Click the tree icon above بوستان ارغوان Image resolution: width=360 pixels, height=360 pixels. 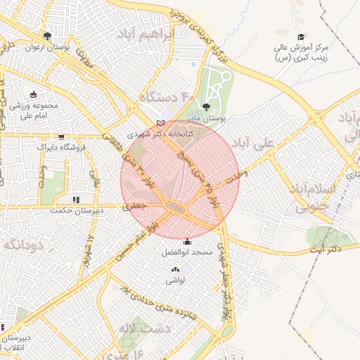(47, 36)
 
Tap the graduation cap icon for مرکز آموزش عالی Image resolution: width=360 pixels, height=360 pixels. (301, 37)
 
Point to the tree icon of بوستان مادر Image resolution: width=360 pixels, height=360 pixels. (206, 107)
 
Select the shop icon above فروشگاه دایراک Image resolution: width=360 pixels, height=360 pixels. (63, 137)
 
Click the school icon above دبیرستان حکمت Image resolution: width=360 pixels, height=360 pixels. (76, 200)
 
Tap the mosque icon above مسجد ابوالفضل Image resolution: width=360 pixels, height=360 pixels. (186, 242)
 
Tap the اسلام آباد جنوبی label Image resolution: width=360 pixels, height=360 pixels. (310, 198)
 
